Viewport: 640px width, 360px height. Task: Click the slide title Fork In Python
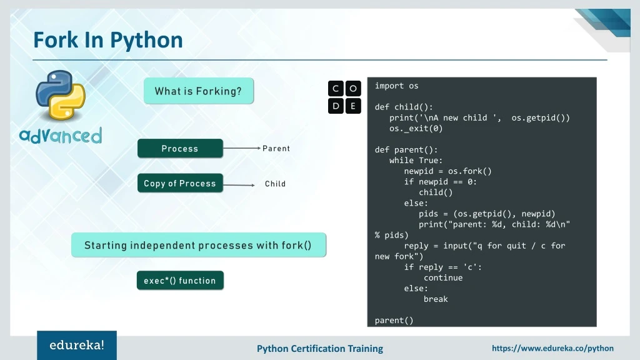point(108,40)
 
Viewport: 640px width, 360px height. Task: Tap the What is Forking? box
point(198,91)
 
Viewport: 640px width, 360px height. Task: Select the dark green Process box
point(180,149)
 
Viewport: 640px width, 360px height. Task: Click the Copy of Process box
point(180,184)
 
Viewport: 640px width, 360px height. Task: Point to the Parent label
point(276,149)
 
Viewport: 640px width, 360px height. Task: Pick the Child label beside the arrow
point(275,184)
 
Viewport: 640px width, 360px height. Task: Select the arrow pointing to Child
point(239,185)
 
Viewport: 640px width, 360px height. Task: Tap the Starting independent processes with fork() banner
point(198,245)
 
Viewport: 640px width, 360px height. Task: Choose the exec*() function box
point(179,281)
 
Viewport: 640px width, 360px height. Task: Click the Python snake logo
point(60,94)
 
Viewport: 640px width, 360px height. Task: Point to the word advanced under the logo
point(60,136)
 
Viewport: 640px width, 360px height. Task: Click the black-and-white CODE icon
point(344,97)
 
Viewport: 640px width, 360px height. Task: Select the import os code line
point(396,86)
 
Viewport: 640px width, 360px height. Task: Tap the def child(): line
point(404,107)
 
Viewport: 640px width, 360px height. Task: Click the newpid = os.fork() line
point(447,171)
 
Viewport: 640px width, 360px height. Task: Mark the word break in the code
point(436,299)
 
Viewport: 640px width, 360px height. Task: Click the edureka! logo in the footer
point(77,345)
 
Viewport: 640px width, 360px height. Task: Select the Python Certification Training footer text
point(320,349)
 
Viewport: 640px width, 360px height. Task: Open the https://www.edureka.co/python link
point(552,348)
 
